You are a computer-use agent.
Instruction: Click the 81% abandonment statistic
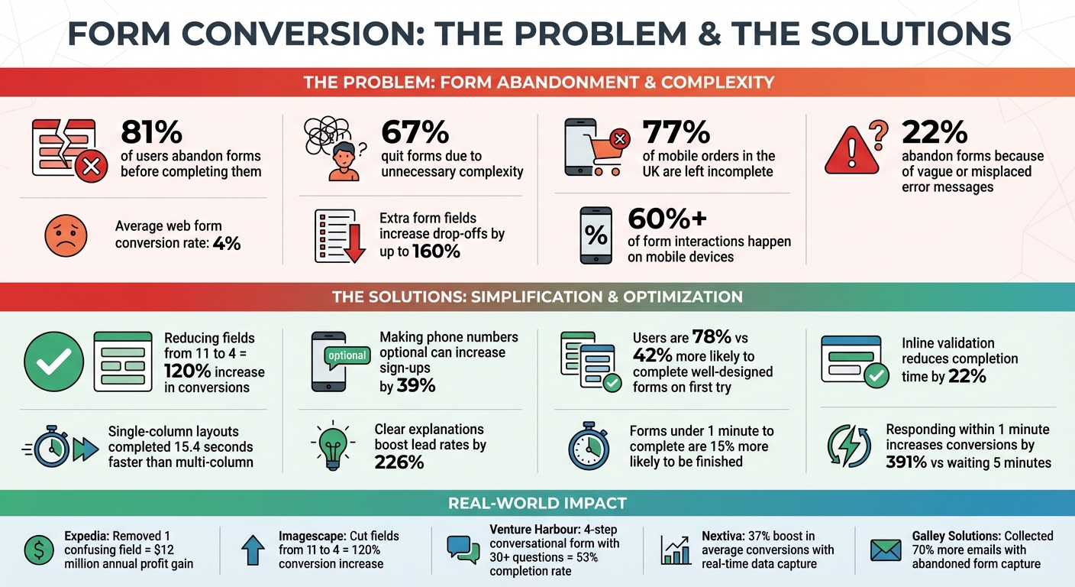(152, 133)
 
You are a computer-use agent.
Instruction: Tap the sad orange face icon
(66, 235)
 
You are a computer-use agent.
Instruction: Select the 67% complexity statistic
(415, 133)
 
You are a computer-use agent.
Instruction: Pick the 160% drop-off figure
(437, 251)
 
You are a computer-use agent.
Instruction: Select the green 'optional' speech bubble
(347, 355)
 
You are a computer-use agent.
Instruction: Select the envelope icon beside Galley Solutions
(886, 550)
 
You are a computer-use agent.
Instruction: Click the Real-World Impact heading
(537, 503)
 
